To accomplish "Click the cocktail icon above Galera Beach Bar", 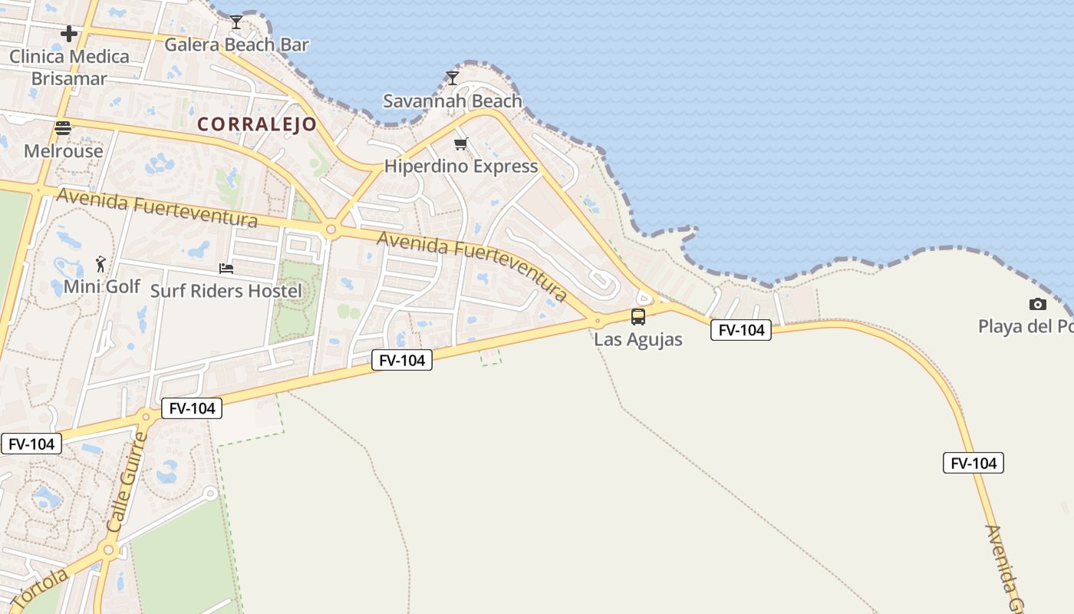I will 236,21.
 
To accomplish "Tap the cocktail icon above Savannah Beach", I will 453,78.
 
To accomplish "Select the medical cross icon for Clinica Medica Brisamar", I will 69,34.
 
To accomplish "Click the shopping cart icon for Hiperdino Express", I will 461,144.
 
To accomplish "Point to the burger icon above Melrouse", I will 63,128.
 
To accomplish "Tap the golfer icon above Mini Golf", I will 100,264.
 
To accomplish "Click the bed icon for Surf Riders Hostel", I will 226,268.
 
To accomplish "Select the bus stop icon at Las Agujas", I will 638,316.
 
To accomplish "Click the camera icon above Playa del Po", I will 1037,305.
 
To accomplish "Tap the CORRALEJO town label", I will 257,124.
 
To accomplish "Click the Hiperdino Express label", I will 461,167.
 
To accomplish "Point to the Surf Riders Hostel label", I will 226,291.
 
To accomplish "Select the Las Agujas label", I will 638,339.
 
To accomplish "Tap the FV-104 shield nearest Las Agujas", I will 741,330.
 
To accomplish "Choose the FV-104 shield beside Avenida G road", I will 974,463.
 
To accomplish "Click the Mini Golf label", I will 102,287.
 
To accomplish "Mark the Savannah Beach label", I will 453,101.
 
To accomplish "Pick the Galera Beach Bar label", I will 236,45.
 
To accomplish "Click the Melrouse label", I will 64,151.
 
